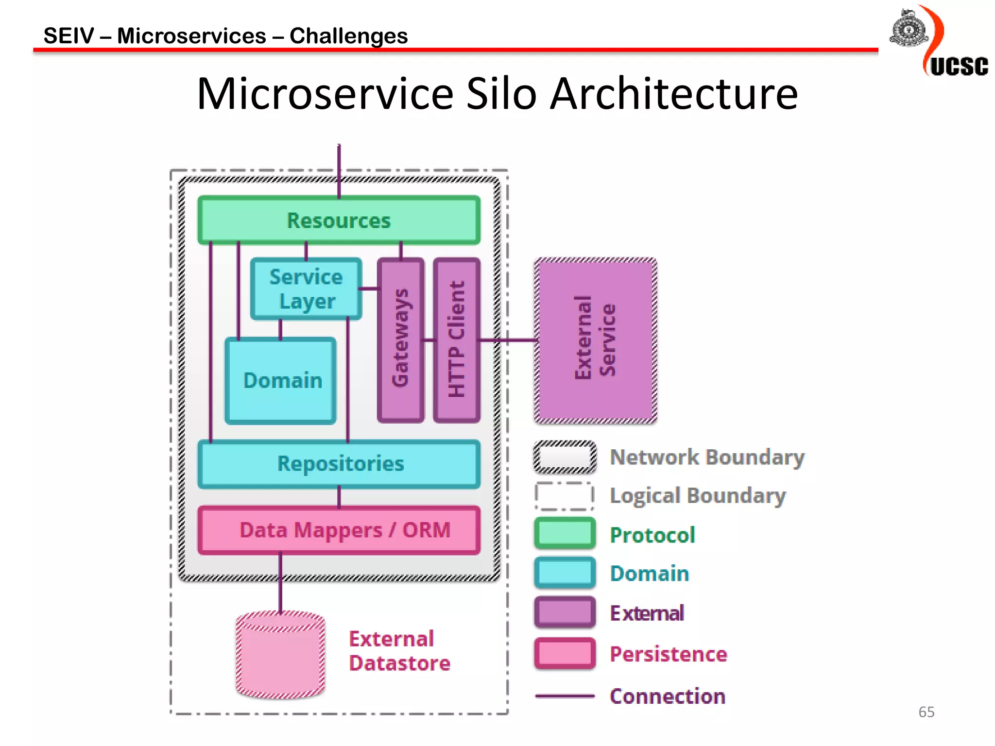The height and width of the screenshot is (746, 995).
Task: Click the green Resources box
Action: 339,220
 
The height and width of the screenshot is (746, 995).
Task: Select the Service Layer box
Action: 306,289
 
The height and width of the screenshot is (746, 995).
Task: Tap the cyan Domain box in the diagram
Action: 281,380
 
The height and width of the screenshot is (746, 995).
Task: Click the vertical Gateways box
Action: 401,340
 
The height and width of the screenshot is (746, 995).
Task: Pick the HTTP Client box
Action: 457,340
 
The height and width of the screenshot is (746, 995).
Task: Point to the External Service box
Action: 596,340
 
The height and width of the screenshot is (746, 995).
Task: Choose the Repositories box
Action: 339,464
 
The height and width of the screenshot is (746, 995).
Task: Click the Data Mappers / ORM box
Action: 339,530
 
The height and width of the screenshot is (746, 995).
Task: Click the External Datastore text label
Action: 399,651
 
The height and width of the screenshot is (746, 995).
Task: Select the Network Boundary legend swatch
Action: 565,457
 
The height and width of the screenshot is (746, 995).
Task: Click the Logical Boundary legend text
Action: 698,496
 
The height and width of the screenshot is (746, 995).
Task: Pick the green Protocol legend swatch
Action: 565,534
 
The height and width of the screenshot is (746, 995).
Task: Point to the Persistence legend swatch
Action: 565,654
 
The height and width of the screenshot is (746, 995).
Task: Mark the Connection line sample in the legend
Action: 565,696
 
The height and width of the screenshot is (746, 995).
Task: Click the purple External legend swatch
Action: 565,612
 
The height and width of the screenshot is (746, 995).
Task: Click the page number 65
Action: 926,712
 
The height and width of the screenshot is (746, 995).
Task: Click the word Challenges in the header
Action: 348,36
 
